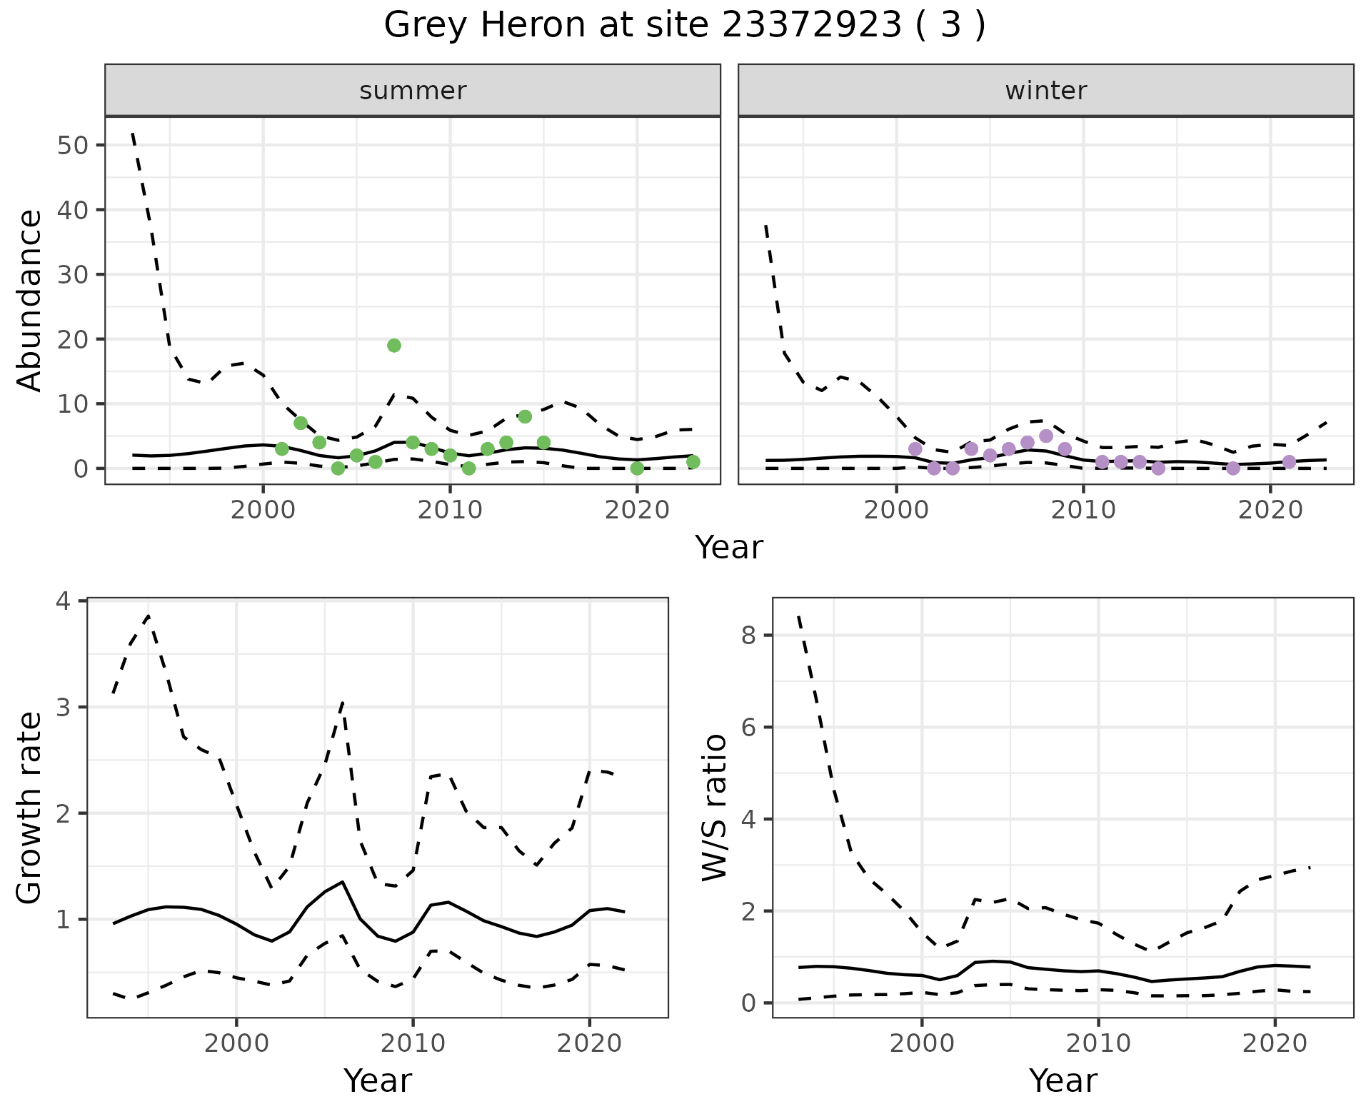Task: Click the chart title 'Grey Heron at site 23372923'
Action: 684,26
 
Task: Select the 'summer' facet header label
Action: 413,91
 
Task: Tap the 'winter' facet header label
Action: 1045,91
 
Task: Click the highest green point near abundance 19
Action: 394,346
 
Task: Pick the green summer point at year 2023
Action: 693,462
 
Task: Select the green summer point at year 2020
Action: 637,468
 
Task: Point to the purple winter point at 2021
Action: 1289,462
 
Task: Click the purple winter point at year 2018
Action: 1233,468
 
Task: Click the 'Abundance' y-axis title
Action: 30,301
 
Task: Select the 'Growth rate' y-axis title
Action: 30,808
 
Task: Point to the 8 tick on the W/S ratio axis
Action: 748,636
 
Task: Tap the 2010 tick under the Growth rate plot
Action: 413,1044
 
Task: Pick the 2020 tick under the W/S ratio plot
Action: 1275,1044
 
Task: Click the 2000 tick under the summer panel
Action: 263,511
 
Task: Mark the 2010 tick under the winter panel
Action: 1083,511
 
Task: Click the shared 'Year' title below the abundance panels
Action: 729,548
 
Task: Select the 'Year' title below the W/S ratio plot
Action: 1063,1081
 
